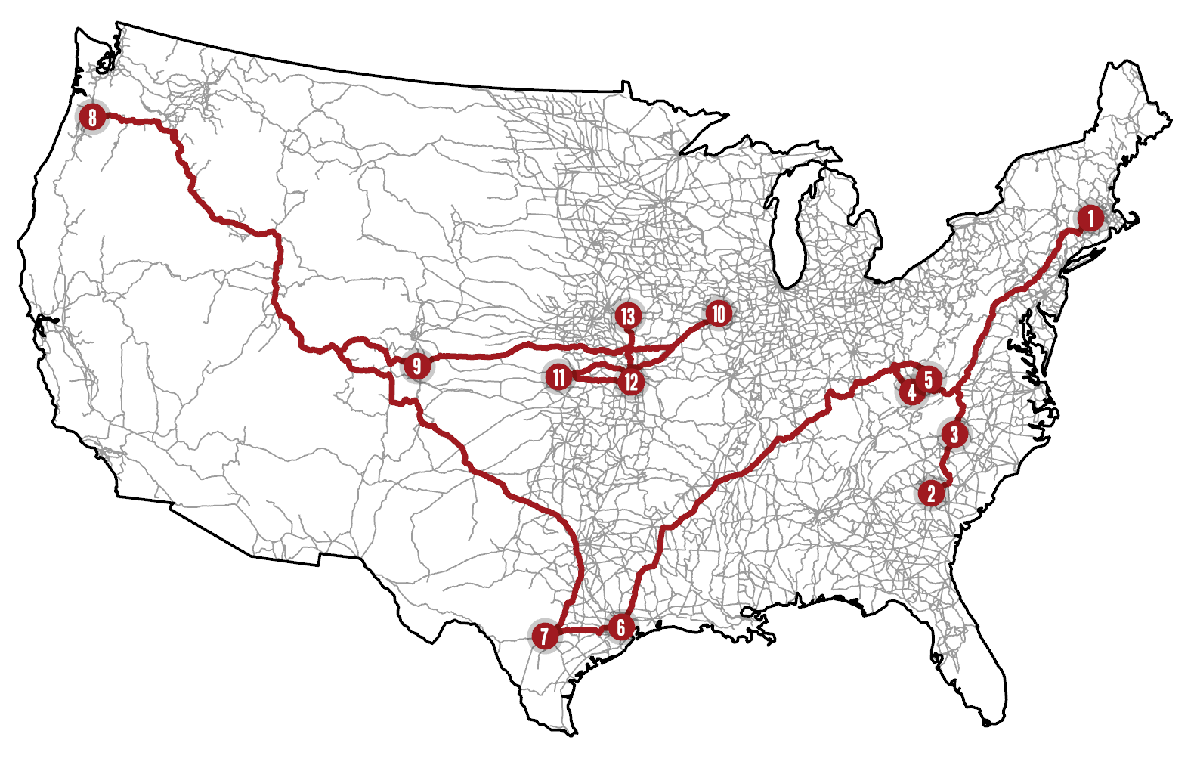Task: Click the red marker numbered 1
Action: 1090,218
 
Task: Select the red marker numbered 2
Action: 931,494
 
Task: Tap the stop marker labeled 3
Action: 954,435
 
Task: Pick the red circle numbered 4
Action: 911,392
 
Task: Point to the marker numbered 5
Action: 929,379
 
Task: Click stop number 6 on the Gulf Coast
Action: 621,627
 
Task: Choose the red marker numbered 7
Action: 544,636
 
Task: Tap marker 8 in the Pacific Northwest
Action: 92,117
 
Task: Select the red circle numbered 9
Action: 416,367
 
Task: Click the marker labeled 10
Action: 718,314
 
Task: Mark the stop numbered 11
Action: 558,376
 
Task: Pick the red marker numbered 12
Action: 631,382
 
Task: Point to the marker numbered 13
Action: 628,316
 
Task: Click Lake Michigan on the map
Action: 790,234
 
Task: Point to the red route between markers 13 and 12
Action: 630,349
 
